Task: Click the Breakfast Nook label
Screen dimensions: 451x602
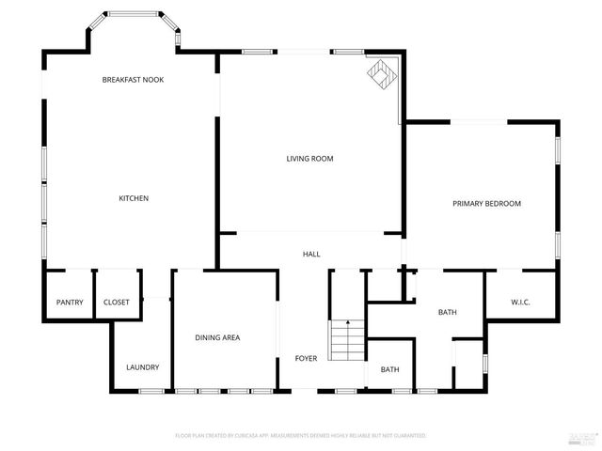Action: coord(133,80)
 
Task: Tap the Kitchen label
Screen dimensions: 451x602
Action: coord(133,198)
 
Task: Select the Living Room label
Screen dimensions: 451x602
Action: coord(310,159)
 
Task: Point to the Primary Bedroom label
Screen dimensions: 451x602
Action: coord(486,204)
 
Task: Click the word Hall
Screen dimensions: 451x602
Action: coord(311,255)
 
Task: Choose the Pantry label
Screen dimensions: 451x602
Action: coord(70,303)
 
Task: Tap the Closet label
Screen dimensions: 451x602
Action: coord(117,303)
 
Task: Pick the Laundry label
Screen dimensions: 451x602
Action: coord(142,367)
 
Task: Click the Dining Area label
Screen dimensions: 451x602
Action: coord(217,337)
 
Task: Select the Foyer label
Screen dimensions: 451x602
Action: coord(306,359)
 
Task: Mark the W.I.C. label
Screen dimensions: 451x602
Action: coord(521,303)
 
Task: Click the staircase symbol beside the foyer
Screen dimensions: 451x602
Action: coord(346,338)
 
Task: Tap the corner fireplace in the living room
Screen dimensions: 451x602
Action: coord(381,73)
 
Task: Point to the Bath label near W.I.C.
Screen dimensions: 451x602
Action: coord(447,313)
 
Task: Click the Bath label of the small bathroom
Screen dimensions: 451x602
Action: coord(390,369)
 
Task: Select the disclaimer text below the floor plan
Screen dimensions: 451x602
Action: coord(301,436)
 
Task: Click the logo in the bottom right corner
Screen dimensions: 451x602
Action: coord(583,437)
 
